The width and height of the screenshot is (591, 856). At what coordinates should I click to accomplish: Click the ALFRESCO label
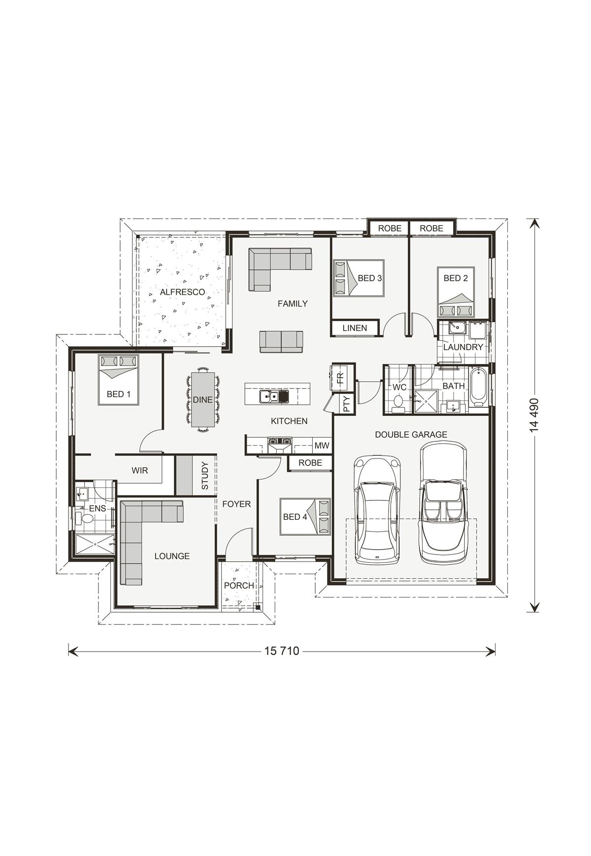(182, 292)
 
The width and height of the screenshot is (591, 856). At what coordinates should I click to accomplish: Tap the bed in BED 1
(119, 379)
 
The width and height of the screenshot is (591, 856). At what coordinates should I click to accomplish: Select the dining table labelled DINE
(202, 399)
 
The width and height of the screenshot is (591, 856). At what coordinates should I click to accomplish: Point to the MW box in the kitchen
(322, 446)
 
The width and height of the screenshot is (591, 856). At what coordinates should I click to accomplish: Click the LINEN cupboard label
(355, 328)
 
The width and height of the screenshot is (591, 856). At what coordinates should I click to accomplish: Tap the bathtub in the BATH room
(478, 387)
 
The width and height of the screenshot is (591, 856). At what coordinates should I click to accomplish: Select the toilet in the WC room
(398, 402)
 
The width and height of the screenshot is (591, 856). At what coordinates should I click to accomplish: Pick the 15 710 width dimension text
(282, 651)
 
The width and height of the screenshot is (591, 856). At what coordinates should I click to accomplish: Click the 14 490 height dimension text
(535, 415)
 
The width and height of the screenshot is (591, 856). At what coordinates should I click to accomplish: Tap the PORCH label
(239, 586)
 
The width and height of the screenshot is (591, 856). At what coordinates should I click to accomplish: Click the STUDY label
(205, 476)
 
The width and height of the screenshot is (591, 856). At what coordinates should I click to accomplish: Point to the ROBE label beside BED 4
(310, 463)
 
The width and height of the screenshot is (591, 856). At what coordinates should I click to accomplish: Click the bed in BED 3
(359, 278)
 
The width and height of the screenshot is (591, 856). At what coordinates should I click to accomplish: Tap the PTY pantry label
(346, 404)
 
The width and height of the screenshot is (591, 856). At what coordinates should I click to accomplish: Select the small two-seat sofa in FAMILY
(281, 341)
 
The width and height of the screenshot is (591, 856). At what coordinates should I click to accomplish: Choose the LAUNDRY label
(463, 347)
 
